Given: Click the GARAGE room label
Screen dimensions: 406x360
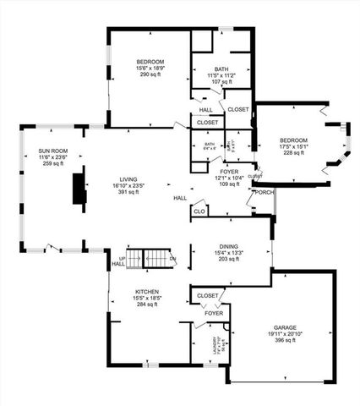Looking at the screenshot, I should (x=285, y=326).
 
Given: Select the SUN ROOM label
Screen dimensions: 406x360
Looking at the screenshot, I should (x=52, y=150).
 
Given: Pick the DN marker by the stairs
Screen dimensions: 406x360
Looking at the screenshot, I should (x=172, y=258).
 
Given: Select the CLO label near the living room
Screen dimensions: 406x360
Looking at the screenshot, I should (x=199, y=211).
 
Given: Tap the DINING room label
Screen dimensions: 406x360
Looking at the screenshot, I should (x=231, y=247).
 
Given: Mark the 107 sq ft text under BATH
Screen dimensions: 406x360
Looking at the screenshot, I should (x=221, y=82).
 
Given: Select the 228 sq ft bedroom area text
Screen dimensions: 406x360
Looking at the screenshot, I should (x=294, y=153).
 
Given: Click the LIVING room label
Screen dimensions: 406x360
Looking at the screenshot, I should (x=129, y=178).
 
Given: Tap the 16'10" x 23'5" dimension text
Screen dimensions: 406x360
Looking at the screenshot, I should (x=129, y=185).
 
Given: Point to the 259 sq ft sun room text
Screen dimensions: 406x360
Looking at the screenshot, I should (x=52, y=163).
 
